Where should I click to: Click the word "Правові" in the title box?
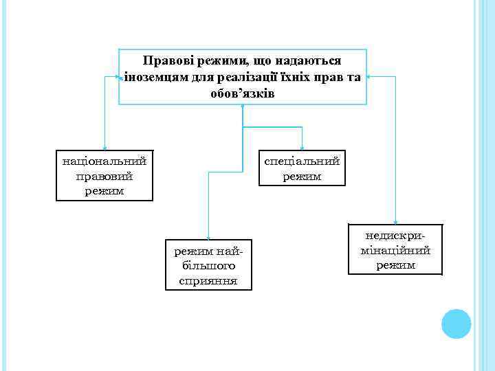click(x=164, y=63)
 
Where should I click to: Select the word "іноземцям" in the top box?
click(x=152, y=77)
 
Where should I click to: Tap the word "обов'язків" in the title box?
click(x=243, y=93)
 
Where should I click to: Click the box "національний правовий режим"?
click(x=104, y=175)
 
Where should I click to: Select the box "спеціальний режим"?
click(x=302, y=168)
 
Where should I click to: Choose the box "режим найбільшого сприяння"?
click(x=208, y=265)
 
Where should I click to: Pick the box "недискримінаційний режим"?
click(x=395, y=249)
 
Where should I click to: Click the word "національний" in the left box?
click(x=104, y=162)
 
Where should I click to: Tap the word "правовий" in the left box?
click(x=104, y=176)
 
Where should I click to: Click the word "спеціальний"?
click(x=302, y=162)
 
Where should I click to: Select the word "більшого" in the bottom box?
click(x=208, y=265)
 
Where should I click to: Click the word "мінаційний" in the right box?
click(x=395, y=249)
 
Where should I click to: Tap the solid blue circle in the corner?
click(x=456, y=324)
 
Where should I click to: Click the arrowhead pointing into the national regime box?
click(x=104, y=147)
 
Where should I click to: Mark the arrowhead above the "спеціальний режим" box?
click(x=302, y=147)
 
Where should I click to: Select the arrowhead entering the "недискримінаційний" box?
click(x=395, y=221)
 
